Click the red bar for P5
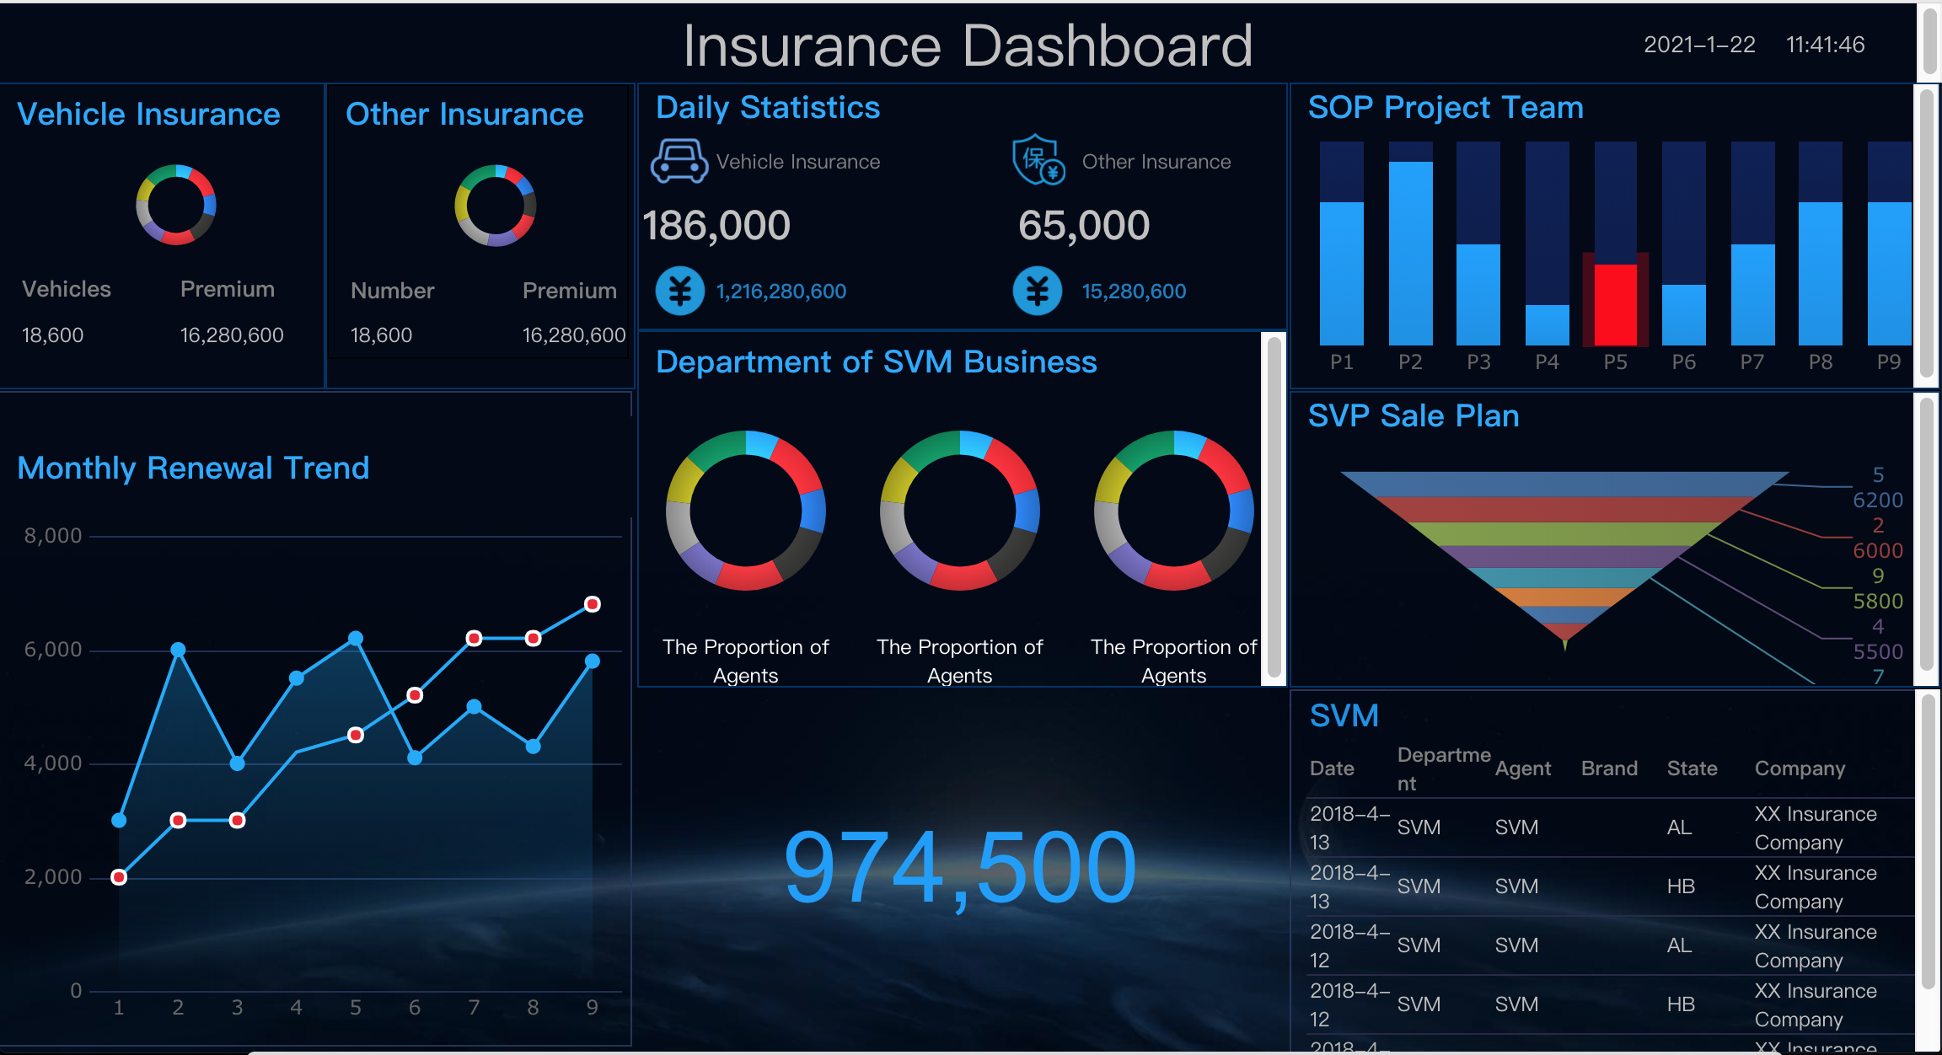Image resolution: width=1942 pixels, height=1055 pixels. click(x=1615, y=303)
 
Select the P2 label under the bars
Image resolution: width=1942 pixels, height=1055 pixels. click(x=1410, y=362)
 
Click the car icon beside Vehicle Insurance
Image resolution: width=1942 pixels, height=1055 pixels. click(x=679, y=161)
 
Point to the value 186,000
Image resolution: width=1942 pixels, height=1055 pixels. click(x=716, y=226)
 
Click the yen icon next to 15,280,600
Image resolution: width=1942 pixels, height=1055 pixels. click(x=1038, y=292)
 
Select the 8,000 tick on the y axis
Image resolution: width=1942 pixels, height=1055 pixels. click(x=53, y=536)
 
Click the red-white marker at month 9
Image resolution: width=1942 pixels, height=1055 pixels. click(x=593, y=604)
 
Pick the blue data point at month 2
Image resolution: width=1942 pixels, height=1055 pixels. click(x=178, y=650)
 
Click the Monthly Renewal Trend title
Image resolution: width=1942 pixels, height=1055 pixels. click(x=193, y=469)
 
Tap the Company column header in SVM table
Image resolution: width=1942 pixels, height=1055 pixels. click(x=1800, y=768)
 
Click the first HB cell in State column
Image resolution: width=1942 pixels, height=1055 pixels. click(x=1681, y=886)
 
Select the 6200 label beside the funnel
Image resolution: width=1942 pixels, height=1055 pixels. click(x=1877, y=501)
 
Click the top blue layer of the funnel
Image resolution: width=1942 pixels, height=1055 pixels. click(x=1564, y=484)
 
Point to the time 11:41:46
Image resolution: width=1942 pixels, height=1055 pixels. click(x=1825, y=45)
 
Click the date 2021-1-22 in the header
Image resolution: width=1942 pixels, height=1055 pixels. click(x=1699, y=45)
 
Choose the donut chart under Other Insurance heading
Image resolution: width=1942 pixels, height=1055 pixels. click(x=495, y=206)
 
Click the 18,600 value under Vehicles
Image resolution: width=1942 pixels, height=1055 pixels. click(x=52, y=335)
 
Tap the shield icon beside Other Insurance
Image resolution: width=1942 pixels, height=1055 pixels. click(x=1038, y=159)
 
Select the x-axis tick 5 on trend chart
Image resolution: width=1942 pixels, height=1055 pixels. click(x=356, y=1008)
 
